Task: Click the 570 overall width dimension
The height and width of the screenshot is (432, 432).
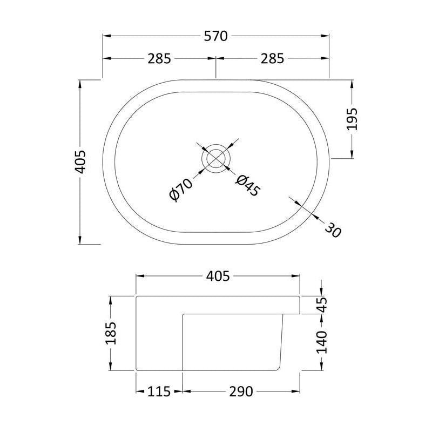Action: tap(215, 36)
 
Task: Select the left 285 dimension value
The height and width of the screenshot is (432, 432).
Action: tap(159, 58)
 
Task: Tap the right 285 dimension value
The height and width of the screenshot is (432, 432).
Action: tap(272, 58)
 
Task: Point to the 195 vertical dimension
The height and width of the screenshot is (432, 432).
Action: tap(352, 119)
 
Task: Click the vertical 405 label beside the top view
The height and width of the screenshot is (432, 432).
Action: tap(80, 162)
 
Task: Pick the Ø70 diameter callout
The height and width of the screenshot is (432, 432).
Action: tap(181, 190)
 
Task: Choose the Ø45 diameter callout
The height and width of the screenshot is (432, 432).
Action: tap(248, 185)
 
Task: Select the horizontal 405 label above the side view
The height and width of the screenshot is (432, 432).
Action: tap(218, 276)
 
